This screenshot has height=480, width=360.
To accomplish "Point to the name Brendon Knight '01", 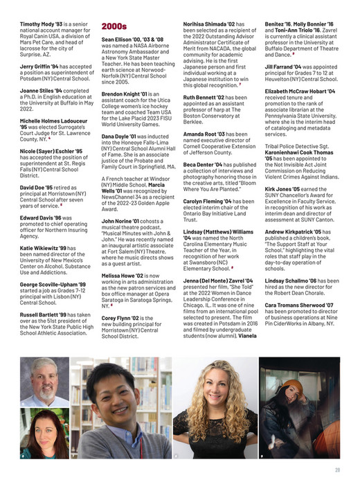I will click(x=125, y=93).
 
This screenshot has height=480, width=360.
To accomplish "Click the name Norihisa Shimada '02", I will click(x=205, y=23).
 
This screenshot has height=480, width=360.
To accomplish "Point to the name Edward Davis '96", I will click(x=40, y=217).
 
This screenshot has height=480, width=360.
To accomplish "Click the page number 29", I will click(x=336, y=470).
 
